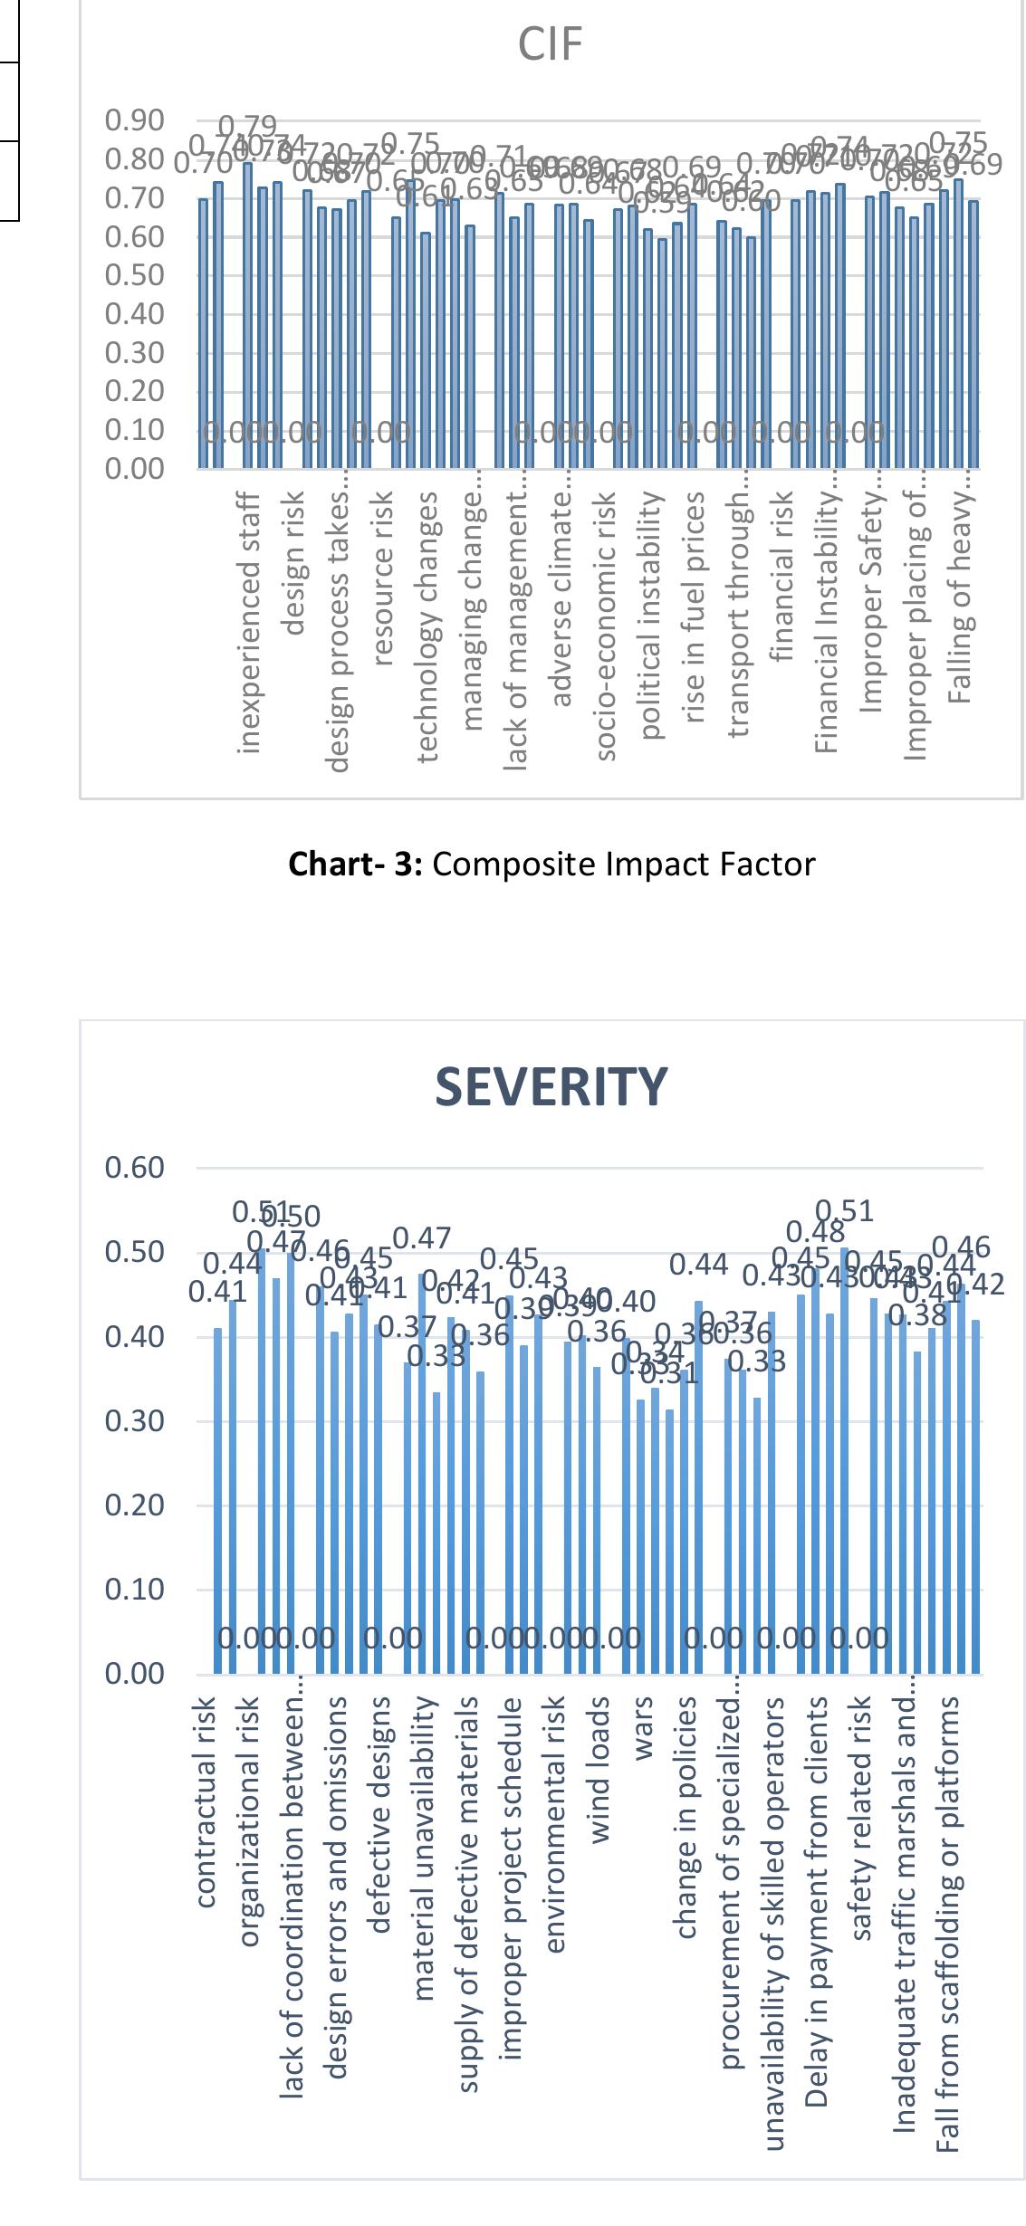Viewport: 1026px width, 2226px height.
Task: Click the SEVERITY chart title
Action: [x=551, y=1086]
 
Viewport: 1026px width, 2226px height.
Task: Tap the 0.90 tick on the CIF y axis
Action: [x=134, y=120]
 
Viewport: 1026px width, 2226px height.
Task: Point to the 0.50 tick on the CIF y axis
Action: [x=134, y=275]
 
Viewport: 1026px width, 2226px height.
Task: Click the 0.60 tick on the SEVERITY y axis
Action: [x=134, y=1168]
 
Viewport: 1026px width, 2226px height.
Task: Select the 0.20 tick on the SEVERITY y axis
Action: [x=134, y=1505]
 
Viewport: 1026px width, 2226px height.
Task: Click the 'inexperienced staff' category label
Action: [x=251, y=622]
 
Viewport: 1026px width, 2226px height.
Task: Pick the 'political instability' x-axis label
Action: [x=650, y=615]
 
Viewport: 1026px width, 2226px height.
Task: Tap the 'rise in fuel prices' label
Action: [x=695, y=607]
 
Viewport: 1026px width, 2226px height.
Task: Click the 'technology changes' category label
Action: [x=428, y=625]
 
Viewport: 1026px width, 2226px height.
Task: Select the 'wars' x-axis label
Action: [x=644, y=1729]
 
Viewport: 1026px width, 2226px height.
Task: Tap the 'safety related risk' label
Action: [x=864, y=1819]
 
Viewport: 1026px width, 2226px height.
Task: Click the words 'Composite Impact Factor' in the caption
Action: [x=624, y=865]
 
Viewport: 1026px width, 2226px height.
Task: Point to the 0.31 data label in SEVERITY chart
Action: [x=675, y=1376]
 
